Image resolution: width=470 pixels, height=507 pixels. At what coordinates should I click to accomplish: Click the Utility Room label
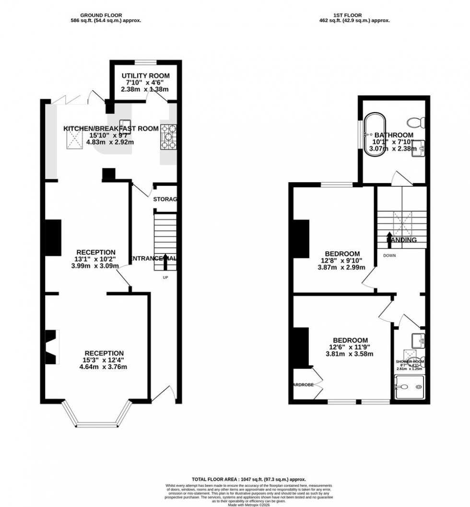(145, 76)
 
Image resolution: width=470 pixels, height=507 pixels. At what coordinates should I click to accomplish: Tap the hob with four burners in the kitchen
(169, 136)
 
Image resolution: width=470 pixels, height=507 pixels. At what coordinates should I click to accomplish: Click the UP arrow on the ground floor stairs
(165, 263)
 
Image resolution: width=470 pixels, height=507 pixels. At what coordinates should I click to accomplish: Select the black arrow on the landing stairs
(389, 239)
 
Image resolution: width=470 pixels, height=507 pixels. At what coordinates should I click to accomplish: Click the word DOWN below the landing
(389, 255)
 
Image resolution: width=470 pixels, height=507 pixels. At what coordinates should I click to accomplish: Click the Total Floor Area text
(248, 479)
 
